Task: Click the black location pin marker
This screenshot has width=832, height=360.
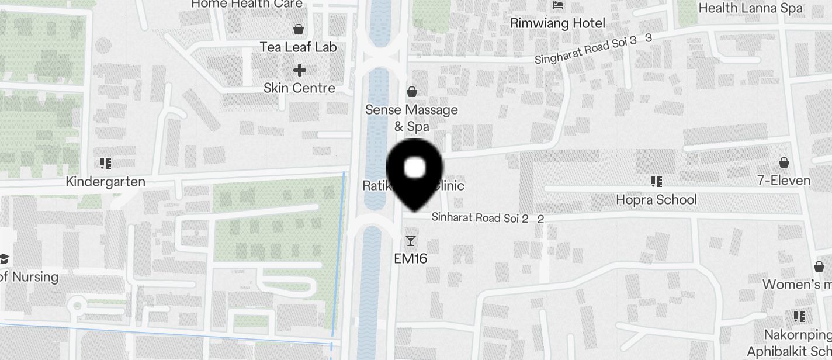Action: click(415, 172)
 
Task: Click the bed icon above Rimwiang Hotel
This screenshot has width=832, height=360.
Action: click(558, 5)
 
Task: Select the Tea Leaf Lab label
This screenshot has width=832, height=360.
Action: click(299, 47)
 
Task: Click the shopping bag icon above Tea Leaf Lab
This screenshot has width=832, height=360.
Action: click(299, 29)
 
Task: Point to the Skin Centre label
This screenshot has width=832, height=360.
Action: click(299, 88)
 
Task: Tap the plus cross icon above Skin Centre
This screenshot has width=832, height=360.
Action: click(300, 71)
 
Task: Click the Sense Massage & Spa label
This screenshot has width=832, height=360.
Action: click(411, 117)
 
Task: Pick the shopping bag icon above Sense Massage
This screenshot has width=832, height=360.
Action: click(412, 91)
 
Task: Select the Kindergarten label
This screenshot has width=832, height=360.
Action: click(105, 182)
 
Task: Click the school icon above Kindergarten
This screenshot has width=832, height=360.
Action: click(106, 164)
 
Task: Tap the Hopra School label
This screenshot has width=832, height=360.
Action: click(656, 200)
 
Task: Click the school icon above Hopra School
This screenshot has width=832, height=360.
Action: click(656, 182)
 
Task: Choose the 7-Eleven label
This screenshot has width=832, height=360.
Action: click(784, 181)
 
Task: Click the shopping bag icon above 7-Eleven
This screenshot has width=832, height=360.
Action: click(784, 162)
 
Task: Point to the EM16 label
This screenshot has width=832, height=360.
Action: click(411, 258)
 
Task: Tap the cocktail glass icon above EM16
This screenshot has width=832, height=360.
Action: click(411, 240)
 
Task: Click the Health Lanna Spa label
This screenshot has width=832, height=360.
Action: click(750, 8)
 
